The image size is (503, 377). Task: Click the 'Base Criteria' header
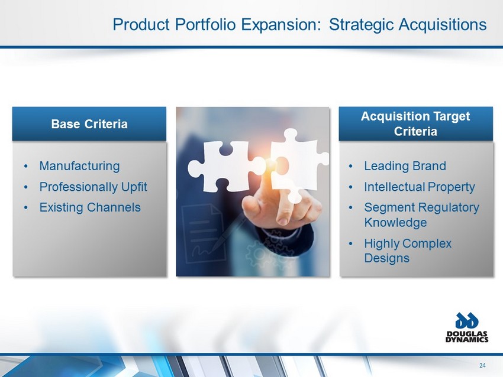pos(89,124)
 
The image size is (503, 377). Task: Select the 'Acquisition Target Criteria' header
pos(415,123)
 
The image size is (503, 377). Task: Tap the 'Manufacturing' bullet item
pos(79,166)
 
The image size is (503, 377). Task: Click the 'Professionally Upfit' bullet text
pos(93,187)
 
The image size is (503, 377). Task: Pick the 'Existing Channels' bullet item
pos(90,207)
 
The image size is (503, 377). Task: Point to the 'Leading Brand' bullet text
pos(405,166)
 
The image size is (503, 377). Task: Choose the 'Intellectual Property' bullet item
pos(420,187)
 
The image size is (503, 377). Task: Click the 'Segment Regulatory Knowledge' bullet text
pos(421,214)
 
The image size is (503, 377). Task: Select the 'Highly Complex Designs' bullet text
pos(408,251)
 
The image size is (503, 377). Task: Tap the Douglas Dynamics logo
pos(467,327)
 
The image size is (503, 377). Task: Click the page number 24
pos(482,365)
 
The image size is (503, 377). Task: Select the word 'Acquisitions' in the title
pos(443,25)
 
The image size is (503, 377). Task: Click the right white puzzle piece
pos(298,163)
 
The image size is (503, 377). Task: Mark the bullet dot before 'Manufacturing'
pos(26,166)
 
